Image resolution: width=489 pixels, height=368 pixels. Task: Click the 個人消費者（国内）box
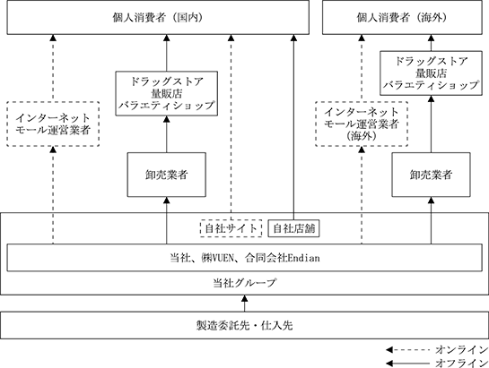click(x=158, y=17)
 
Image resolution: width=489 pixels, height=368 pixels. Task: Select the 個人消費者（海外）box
click(x=402, y=17)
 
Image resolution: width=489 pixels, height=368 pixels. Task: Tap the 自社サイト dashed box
click(x=231, y=228)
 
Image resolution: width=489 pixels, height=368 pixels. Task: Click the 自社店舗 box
click(x=293, y=228)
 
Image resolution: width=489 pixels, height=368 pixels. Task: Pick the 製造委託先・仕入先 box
click(x=244, y=325)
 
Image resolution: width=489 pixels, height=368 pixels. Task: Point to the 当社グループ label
click(x=244, y=283)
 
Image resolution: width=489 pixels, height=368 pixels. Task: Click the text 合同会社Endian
click(x=283, y=258)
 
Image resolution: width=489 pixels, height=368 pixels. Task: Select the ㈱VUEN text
click(x=217, y=258)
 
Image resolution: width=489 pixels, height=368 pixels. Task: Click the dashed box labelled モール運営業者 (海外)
click(x=362, y=124)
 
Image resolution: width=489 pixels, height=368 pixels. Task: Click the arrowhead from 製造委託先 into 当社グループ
click(x=244, y=298)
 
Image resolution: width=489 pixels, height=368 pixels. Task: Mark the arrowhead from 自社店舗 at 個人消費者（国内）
click(x=293, y=38)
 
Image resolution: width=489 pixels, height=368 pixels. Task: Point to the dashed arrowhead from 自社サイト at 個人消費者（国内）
click(x=231, y=38)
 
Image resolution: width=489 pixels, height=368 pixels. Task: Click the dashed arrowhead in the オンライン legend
click(x=389, y=350)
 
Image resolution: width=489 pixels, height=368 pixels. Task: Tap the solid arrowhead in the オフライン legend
click(x=389, y=363)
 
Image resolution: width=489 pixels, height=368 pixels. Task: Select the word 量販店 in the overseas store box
click(x=431, y=73)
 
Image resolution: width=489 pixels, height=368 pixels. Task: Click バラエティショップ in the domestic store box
click(x=167, y=106)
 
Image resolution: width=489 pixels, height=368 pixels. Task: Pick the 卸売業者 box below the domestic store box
click(x=167, y=175)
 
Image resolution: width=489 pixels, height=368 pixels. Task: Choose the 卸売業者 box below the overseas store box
click(x=431, y=175)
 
